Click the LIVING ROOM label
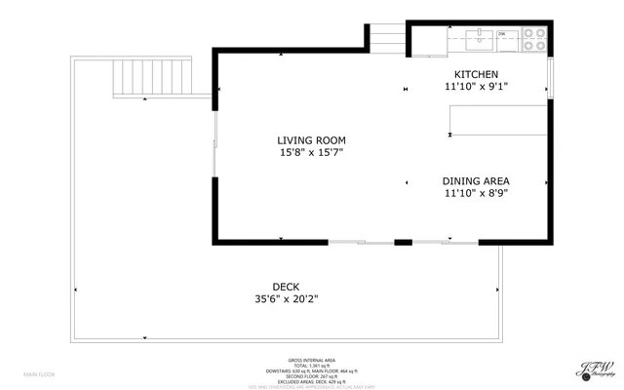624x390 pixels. (x=311, y=140)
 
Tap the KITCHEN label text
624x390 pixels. (x=476, y=75)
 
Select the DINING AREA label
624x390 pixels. (x=476, y=181)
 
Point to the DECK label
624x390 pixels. (x=286, y=287)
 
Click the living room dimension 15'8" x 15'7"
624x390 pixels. (x=311, y=153)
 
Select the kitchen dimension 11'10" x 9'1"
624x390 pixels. (x=476, y=87)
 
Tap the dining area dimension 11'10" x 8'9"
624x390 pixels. (x=476, y=193)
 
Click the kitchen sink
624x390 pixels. (x=481, y=39)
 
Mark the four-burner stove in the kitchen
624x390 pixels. (x=532, y=39)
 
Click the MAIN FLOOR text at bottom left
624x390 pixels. (x=40, y=374)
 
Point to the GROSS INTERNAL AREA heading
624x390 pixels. (x=311, y=360)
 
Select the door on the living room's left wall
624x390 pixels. (x=214, y=156)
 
